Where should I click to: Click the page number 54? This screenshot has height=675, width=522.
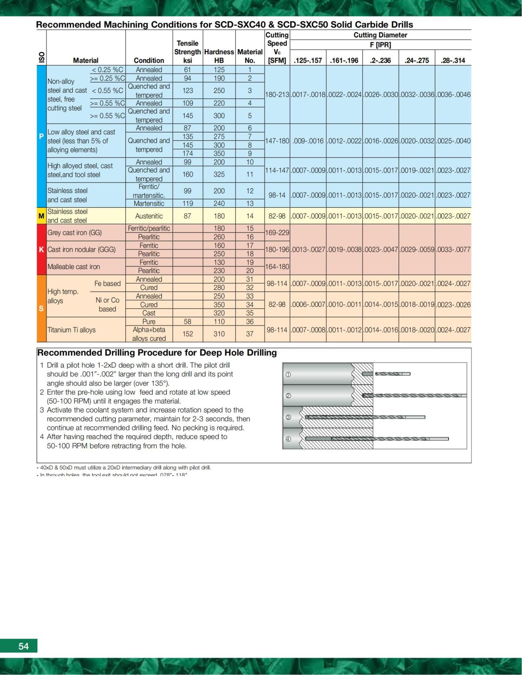point(23,646)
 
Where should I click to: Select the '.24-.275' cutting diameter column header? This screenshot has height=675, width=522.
point(416,60)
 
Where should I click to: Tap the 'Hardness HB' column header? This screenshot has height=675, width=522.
point(219,56)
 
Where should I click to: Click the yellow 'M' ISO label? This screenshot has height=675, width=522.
point(41,216)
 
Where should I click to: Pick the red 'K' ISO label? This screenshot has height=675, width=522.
point(41,249)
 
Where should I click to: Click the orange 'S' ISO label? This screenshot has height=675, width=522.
point(41,309)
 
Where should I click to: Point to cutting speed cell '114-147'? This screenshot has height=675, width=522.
point(277,170)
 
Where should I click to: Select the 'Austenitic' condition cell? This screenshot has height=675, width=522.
point(149,216)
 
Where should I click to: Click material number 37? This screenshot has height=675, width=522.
point(250,334)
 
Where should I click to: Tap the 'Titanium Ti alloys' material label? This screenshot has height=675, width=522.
point(71,330)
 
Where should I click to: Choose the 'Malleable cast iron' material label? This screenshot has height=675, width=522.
point(74,266)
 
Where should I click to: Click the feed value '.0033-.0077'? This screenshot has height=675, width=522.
point(453,249)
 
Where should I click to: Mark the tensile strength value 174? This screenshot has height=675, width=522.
point(187,153)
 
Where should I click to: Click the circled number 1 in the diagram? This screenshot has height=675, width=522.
point(288,374)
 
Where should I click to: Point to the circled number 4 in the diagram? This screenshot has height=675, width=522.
point(288,439)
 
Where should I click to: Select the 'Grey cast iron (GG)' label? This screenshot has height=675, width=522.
point(74,233)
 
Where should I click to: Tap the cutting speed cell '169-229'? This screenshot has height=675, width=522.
point(277,233)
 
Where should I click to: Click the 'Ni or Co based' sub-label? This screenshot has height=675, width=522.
point(107,305)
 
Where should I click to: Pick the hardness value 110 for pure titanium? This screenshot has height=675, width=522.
point(219,322)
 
